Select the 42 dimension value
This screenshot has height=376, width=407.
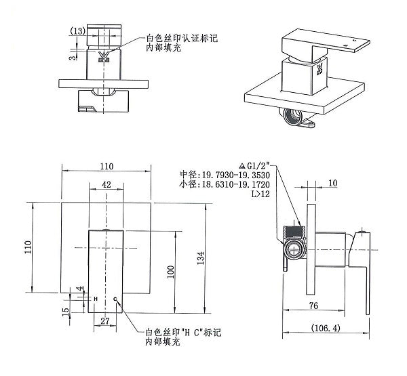click(107, 183)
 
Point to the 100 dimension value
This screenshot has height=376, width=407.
click(171, 271)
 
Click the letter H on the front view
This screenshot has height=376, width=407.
click(95, 299)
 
